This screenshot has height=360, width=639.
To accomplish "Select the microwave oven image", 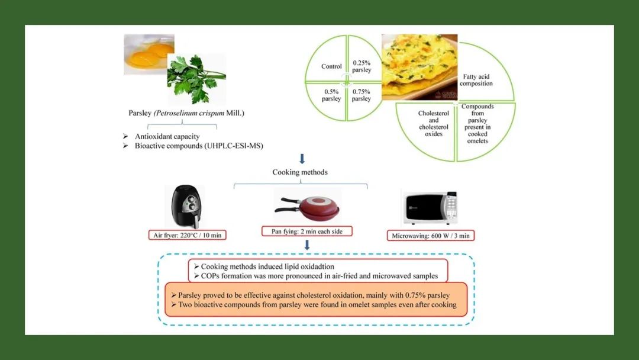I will point(429,208).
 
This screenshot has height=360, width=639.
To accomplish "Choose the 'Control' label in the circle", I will point(331,66).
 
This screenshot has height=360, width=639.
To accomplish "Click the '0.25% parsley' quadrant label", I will point(362,66).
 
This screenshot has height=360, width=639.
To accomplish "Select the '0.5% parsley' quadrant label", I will point(331,95).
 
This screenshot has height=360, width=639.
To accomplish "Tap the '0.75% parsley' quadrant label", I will point(362,95).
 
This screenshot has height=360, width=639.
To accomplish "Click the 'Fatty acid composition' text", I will point(476,80).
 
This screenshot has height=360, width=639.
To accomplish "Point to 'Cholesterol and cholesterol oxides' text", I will point(434,123).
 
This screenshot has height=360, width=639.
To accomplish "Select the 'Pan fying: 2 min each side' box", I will point(307,231).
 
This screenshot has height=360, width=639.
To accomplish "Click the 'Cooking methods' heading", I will point(300,172).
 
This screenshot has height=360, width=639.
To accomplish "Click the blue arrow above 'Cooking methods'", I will point(302,159).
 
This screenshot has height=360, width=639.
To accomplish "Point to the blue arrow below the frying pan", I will point(307,245).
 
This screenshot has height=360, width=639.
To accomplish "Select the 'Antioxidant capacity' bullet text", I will point(167,137).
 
